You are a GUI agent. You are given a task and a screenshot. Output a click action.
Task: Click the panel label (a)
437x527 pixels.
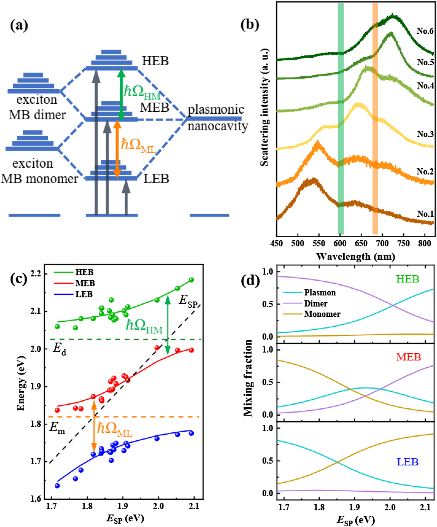coord(19,26)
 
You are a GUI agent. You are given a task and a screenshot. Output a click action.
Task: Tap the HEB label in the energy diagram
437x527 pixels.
coord(155,61)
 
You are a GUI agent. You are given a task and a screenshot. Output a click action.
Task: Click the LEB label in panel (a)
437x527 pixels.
coord(156,179)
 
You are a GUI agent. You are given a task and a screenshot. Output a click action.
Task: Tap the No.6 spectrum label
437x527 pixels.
coord(425,31)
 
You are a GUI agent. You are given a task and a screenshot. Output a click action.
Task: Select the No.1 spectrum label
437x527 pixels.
coord(425,214)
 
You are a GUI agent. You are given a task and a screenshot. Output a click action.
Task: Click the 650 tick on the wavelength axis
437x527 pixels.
coord(361,243)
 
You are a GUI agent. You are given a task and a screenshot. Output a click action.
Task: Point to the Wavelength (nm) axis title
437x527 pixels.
coord(355,256)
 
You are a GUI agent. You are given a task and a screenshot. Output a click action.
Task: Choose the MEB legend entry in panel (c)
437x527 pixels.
coord(85,283)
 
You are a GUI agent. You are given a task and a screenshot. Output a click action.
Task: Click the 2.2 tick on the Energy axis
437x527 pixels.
coord(36,274)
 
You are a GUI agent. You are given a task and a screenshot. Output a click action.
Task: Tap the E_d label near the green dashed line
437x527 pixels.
coord(59,349)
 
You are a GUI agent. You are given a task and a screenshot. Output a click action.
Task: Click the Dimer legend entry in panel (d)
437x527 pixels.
coord(316,303)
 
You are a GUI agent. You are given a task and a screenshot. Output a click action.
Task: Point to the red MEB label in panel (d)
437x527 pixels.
coord(408,357)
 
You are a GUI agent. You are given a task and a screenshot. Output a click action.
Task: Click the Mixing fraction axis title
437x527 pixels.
coord(248,378)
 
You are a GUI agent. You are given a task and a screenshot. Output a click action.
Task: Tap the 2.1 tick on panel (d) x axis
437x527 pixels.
coord(425,507)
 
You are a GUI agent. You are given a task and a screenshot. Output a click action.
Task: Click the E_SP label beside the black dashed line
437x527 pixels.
coord(188,301)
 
